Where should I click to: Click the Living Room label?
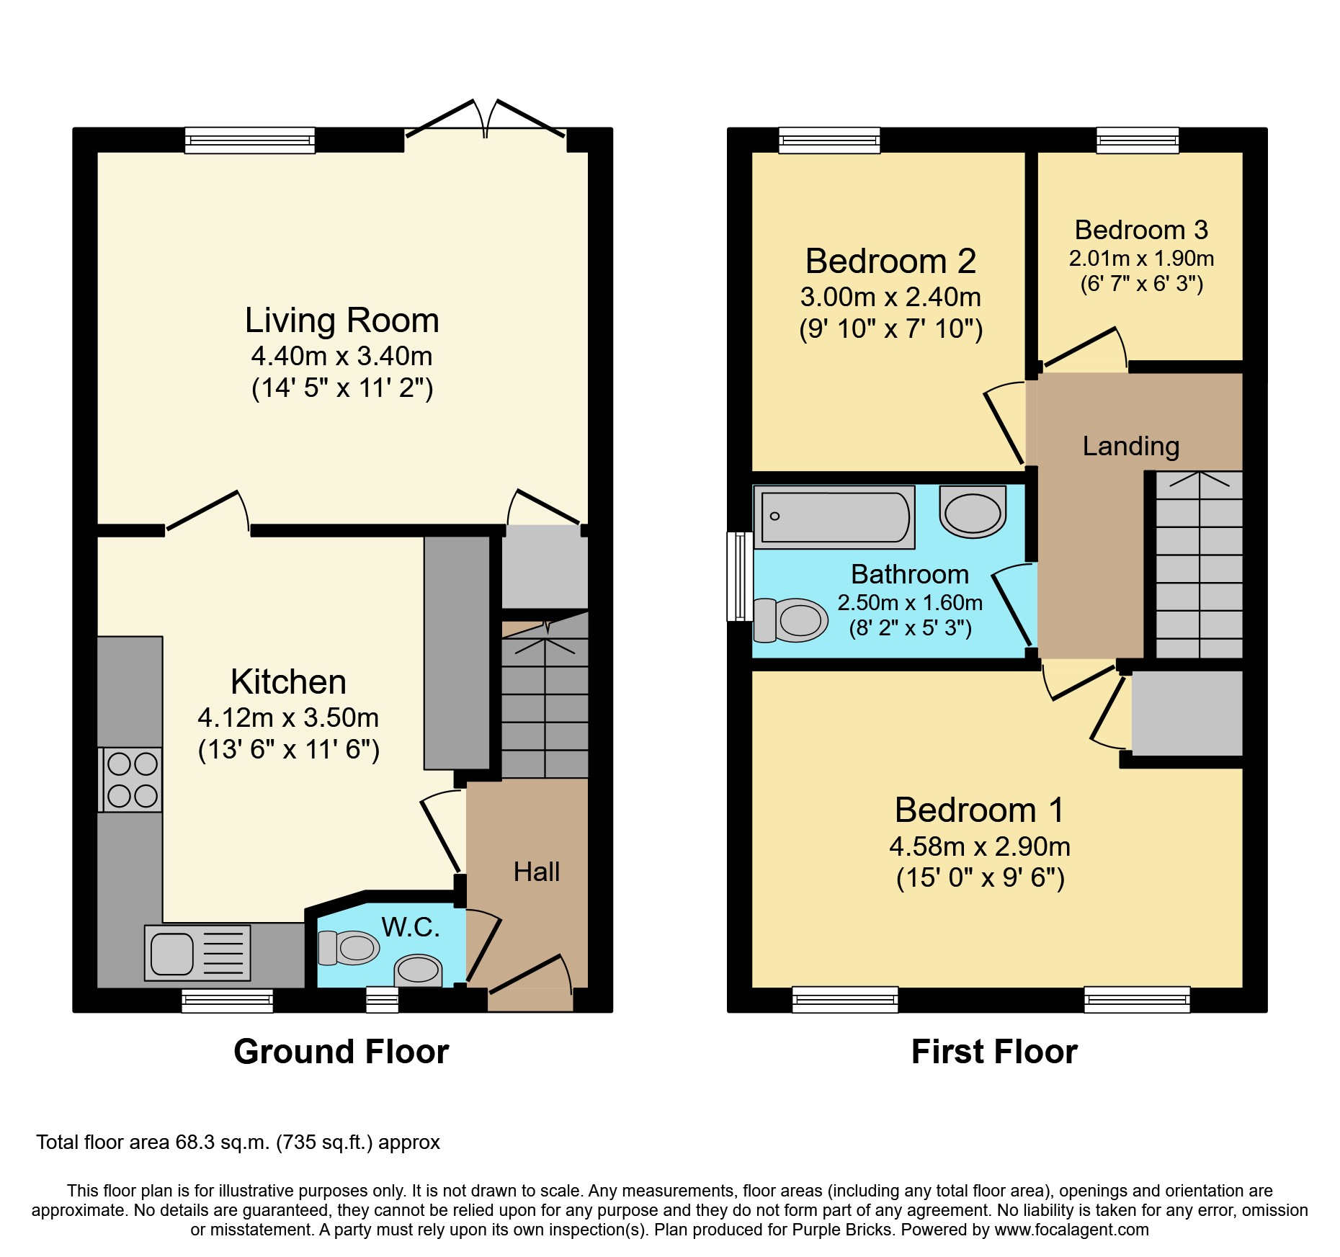tap(341, 321)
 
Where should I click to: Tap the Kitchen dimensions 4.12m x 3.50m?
tap(288, 717)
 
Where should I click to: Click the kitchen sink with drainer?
tap(197, 953)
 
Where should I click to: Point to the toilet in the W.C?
tap(349, 947)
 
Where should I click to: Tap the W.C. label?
tap(411, 927)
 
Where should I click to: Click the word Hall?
tap(537, 872)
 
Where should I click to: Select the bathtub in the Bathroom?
tap(834, 516)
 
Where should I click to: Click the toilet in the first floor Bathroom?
tap(790, 619)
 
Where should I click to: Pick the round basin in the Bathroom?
tap(973, 511)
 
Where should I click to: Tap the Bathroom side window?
tap(740, 576)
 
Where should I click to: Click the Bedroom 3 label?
tap(1141, 230)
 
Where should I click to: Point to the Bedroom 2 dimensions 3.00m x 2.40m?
tap(890, 297)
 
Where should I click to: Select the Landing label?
tap(1131, 447)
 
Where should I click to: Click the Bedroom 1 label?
tap(980, 810)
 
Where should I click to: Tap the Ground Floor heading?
tap(341, 1052)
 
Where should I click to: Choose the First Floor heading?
tap(994, 1052)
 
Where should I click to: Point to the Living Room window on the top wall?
tap(250, 140)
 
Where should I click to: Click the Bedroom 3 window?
tap(1138, 140)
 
